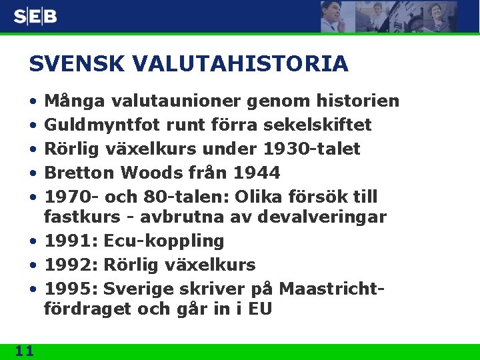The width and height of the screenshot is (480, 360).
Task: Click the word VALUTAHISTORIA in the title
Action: [x=241, y=64]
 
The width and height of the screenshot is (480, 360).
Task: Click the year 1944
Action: [x=257, y=173]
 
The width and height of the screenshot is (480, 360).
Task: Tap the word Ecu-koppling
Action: [x=164, y=241]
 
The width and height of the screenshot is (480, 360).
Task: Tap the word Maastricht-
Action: [x=333, y=289]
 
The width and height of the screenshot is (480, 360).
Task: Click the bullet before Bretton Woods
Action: [x=33, y=173]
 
